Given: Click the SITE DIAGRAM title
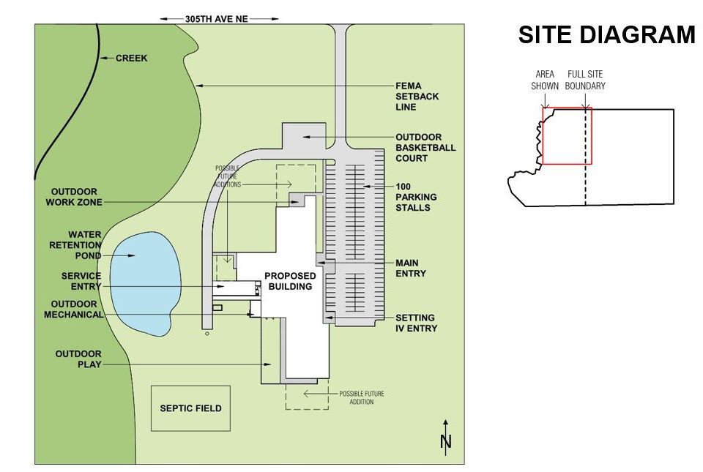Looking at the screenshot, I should pyautogui.click(x=606, y=35).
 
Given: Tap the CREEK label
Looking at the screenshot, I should pyautogui.click(x=132, y=58).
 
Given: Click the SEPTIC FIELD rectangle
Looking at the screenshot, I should pyautogui.click(x=190, y=408).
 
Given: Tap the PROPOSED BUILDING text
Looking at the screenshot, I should pyautogui.click(x=290, y=281).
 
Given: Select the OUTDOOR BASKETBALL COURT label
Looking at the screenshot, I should pyautogui.click(x=425, y=147).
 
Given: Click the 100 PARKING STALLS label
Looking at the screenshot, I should pyautogui.click(x=416, y=197).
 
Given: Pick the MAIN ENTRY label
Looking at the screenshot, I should pyautogui.click(x=411, y=268).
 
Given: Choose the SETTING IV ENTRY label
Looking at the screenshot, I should pyautogui.click(x=415, y=323).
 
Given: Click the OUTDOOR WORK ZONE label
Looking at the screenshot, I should pyautogui.click(x=74, y=197).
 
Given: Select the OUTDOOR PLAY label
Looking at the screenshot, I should pyautogui.click(x=78, y=359).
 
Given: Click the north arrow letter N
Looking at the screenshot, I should pyautogui.click(x=445, y=441).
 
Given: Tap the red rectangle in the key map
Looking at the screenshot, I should pyautogui.click(x=567, y=136).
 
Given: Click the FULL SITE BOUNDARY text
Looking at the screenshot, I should pyautogui.click(x=586, y=80).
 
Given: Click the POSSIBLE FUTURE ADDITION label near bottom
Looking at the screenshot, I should pyautogui.click(x=361, y=398).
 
